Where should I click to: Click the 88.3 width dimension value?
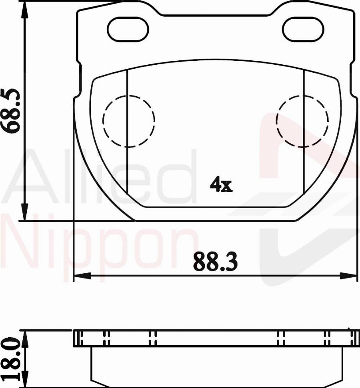(215, 262)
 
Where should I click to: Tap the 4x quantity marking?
(221, 185)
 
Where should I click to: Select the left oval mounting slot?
(128, 30)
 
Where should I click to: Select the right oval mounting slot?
(302, 30)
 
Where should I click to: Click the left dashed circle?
(128, 121)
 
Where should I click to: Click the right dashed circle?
(303, 121)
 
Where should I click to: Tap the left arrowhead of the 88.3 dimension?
(82, 276)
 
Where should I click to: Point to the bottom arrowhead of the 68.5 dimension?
(25, 212)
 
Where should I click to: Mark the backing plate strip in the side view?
(215, 338)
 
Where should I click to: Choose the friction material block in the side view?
(216, 366)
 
